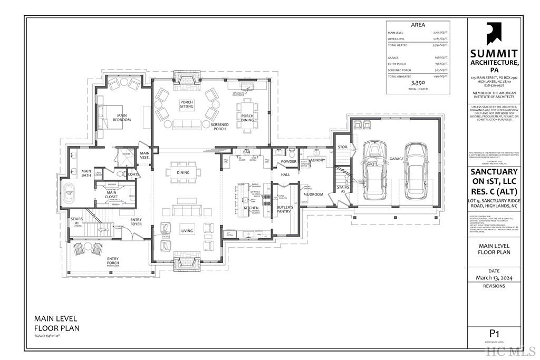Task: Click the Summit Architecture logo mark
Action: point(494,33)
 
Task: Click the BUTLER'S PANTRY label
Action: point(285,210)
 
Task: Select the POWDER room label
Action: point(288,161)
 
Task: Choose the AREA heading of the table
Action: point(418,25)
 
